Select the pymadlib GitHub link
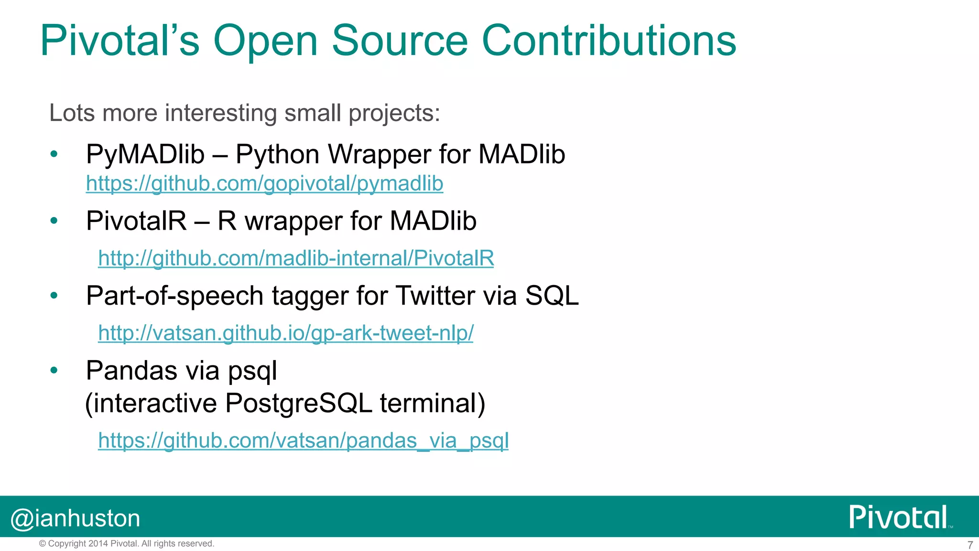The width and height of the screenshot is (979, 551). pos(264,184)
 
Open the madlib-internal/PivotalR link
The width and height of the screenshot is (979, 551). pos(296,258)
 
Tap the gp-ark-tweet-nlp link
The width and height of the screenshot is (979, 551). pos(285,333)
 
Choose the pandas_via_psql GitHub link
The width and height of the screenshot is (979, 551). pos(303,441)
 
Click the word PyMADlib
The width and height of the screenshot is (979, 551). pos(145,154)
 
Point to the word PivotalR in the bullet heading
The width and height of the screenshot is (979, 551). pos(136,221)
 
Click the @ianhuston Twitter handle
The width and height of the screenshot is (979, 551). pos(76,518)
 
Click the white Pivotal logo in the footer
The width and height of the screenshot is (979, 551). pos(899,517)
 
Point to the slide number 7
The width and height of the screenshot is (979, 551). pos(970,545)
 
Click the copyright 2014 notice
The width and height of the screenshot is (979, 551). pos(127,544)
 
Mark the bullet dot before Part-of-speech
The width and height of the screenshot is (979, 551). pos(54,296)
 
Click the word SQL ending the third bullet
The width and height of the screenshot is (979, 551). pos(552,296)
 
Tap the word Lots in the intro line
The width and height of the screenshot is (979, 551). pos(72,113)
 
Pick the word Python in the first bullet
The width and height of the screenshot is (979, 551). pos(277,154)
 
